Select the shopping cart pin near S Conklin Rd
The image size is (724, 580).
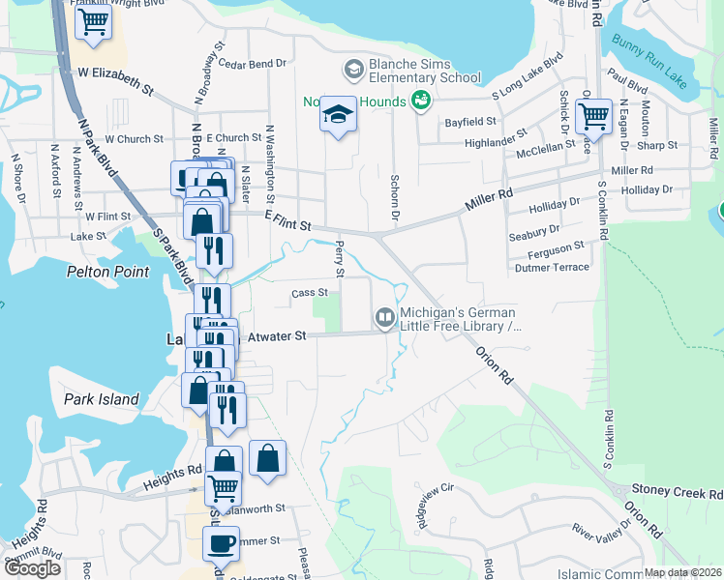point(592,118)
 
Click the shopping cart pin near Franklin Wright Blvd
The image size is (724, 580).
point(92,23)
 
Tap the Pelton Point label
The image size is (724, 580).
point(107,273)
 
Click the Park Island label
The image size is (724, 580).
point(102,399)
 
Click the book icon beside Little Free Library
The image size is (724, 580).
point(384,317)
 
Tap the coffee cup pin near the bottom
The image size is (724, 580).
point(220,543)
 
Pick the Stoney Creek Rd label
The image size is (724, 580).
point(677,491)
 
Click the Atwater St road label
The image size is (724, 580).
point(276,336)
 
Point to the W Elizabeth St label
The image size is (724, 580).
point(115,80)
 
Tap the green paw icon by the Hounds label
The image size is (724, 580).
point(420,100)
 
